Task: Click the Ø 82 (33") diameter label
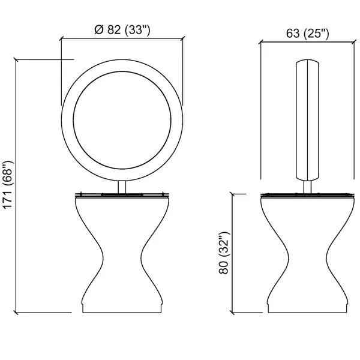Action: point(122,30)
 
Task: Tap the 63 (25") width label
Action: point(307,34)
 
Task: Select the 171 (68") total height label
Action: point(8,185)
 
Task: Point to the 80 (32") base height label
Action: point(224,253)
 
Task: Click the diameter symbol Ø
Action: point(99,29)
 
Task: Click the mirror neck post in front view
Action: point(122,187)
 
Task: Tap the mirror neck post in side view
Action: point(307,187)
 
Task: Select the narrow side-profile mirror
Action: point(307,120)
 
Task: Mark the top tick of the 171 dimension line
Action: point(16,59)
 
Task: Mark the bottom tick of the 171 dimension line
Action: point(16,313)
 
